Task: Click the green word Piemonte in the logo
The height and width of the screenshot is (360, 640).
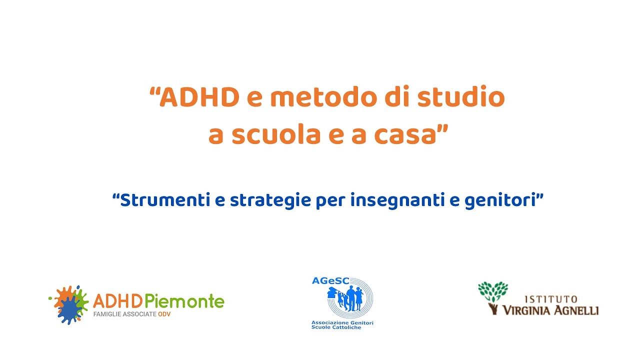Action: pyautogui.click(x=184, y=301)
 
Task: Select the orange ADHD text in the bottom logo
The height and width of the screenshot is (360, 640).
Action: pyautogui.click(x=118, y=301)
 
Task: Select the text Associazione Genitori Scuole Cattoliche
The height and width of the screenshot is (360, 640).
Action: pyautogui.click(x=342, y=325)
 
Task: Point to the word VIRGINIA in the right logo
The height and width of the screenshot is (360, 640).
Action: pyautogui.click(x=530, y=310)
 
